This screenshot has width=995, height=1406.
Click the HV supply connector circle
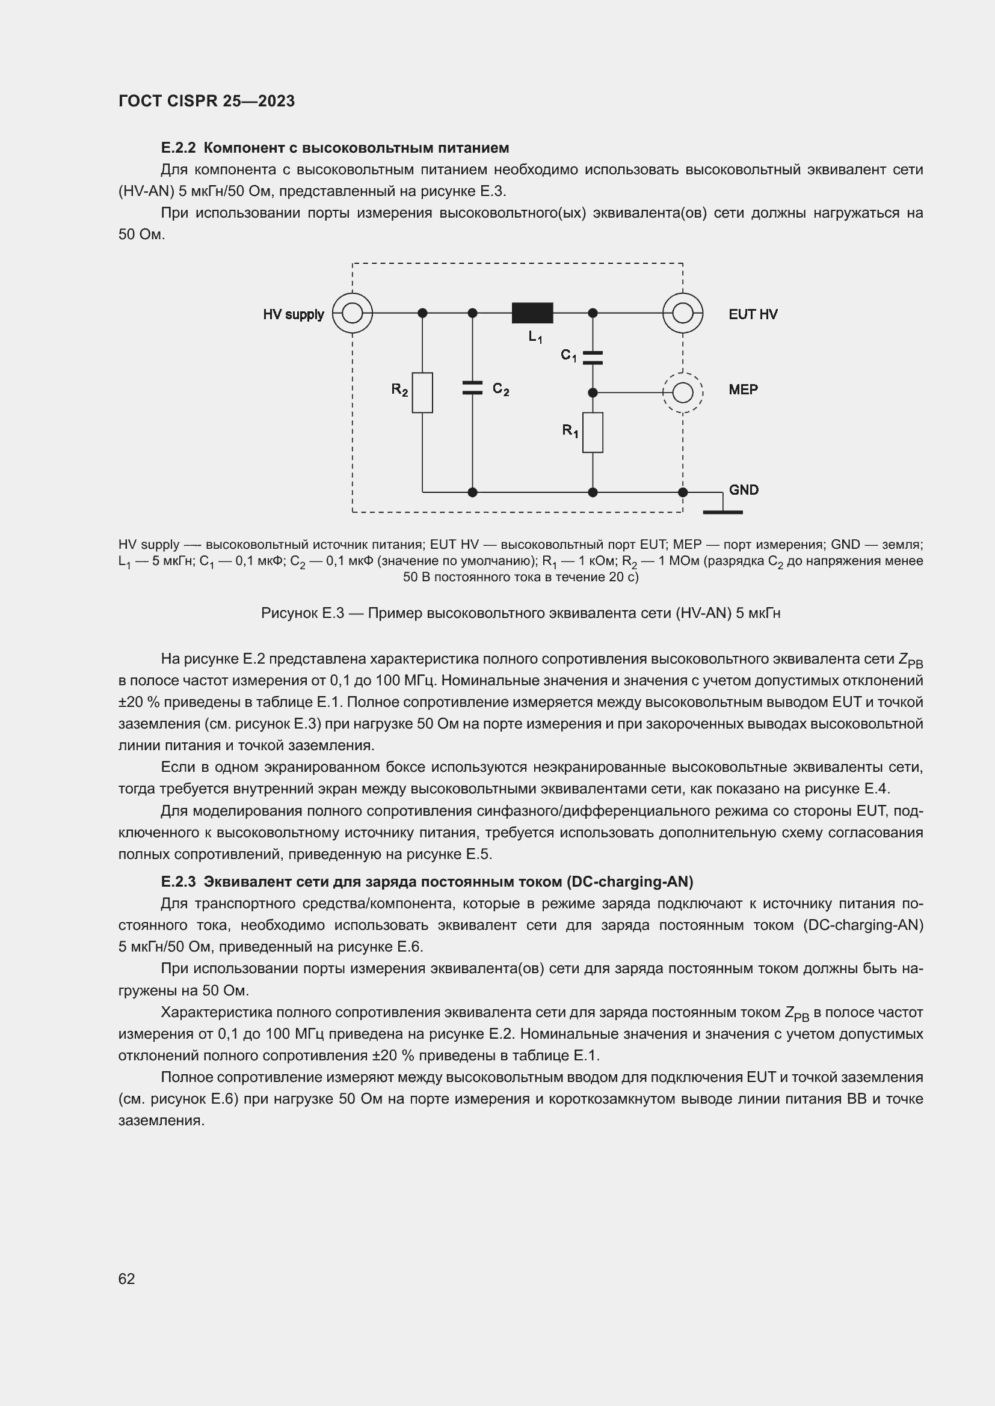353,313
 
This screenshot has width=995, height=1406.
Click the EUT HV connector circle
683,313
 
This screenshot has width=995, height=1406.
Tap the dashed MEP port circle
683,393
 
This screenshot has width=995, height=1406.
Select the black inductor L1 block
532,313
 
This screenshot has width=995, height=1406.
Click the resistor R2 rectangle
422,393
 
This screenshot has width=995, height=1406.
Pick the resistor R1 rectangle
593,432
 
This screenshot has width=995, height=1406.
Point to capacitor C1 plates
593,358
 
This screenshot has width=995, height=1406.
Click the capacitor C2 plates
472,388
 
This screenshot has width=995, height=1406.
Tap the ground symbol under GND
722,511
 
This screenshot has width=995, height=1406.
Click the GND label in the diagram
743,490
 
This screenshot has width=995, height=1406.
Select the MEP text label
743,390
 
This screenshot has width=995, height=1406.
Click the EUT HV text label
753,314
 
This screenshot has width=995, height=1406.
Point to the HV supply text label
294,314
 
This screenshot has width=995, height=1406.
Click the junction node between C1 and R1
593,393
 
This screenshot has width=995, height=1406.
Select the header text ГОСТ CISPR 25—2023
206,101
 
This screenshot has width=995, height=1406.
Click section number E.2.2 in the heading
177,148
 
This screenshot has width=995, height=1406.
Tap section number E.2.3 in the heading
177,882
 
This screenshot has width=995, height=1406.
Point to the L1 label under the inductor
535,337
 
